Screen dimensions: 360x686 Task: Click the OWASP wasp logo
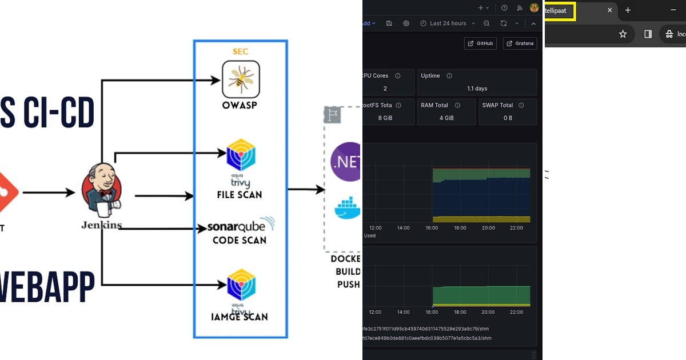coord(241,79)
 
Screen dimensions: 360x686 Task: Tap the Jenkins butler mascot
coord(102,190)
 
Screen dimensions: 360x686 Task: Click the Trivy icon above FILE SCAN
coord(240,154)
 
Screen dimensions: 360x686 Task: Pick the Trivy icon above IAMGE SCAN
coord(240,286)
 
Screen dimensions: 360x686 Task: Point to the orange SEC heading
coord(240,52)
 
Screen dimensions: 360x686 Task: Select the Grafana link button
coord(520,43)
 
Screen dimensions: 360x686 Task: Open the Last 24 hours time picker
coord(444,23)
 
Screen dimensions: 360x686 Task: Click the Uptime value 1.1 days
coord(477,89)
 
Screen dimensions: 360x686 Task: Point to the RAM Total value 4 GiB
coord(446,118)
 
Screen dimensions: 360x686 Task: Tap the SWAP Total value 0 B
coord(507,118)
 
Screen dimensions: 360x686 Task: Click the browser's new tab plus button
coord(628,10)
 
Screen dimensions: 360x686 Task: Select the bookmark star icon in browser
coord(623,34)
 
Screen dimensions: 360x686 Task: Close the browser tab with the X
coord(610,10)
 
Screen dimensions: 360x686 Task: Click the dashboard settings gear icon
coord(406,23)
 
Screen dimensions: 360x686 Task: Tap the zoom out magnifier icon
coord(486,23)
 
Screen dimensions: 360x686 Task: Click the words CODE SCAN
coord(240,240)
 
